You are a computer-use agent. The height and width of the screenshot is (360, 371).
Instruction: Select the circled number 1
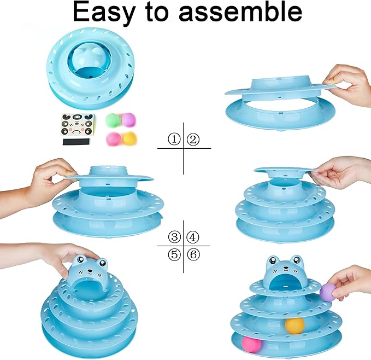tap(174, 140)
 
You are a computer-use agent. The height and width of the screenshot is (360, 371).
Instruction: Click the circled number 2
tap(192, 140)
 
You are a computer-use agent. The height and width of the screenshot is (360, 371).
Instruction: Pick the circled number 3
tap(174, 237)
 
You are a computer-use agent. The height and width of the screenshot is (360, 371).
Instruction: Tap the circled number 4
tap(192, 237)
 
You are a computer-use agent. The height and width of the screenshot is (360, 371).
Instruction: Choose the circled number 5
tap(174, 254)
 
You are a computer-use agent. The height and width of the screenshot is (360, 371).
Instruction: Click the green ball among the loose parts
tap(112, 120)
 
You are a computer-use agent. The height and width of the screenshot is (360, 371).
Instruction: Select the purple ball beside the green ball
tap(128, 120)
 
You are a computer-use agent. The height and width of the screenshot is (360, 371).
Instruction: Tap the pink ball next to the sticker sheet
tap(113, 138)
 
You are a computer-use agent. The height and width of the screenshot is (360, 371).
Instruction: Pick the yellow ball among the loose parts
tap(129, 139)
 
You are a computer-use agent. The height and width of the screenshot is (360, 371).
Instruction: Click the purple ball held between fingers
tap(327, 292)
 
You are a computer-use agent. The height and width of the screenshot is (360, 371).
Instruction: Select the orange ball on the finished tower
tap(294, 325)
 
